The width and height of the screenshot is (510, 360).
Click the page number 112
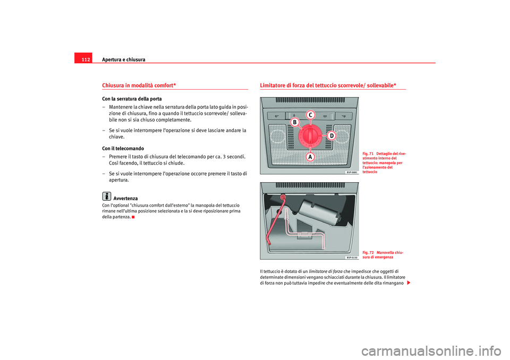(85, 59)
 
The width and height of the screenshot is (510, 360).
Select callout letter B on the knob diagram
(294, 123)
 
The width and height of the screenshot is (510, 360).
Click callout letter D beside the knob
(331, 136)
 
